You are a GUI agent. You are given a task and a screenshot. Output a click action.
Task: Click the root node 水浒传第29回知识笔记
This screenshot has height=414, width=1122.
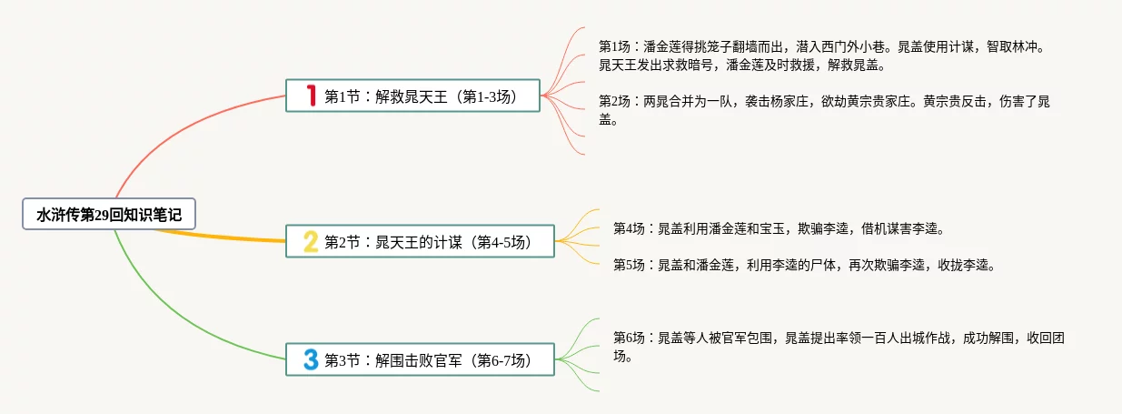click(x=109, y=215)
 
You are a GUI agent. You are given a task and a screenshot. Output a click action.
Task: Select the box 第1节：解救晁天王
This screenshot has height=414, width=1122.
click(x=413, y=96)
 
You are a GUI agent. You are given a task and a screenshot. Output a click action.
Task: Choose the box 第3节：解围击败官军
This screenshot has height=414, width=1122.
click(x=420, y=360)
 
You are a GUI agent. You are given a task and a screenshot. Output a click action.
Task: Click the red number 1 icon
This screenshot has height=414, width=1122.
click(x=311, y=96)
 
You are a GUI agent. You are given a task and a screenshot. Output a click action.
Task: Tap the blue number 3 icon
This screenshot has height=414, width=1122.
click(x=311, y=360)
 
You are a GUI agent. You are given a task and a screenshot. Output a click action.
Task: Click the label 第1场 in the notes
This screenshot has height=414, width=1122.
click(x=615, y=45)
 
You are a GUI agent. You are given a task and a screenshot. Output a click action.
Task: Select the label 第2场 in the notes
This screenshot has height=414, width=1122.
click(x=615, y=101)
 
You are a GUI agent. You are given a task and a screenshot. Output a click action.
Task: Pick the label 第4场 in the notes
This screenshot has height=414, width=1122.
click(x=629, y=227)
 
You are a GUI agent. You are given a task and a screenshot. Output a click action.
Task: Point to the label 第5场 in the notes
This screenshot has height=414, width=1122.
click(x=629, y=265)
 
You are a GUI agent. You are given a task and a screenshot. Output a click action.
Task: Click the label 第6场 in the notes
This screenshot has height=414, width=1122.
click(x=629, y=338)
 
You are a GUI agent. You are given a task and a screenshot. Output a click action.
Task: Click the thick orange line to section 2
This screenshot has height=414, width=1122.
click(x=227, y=238)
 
